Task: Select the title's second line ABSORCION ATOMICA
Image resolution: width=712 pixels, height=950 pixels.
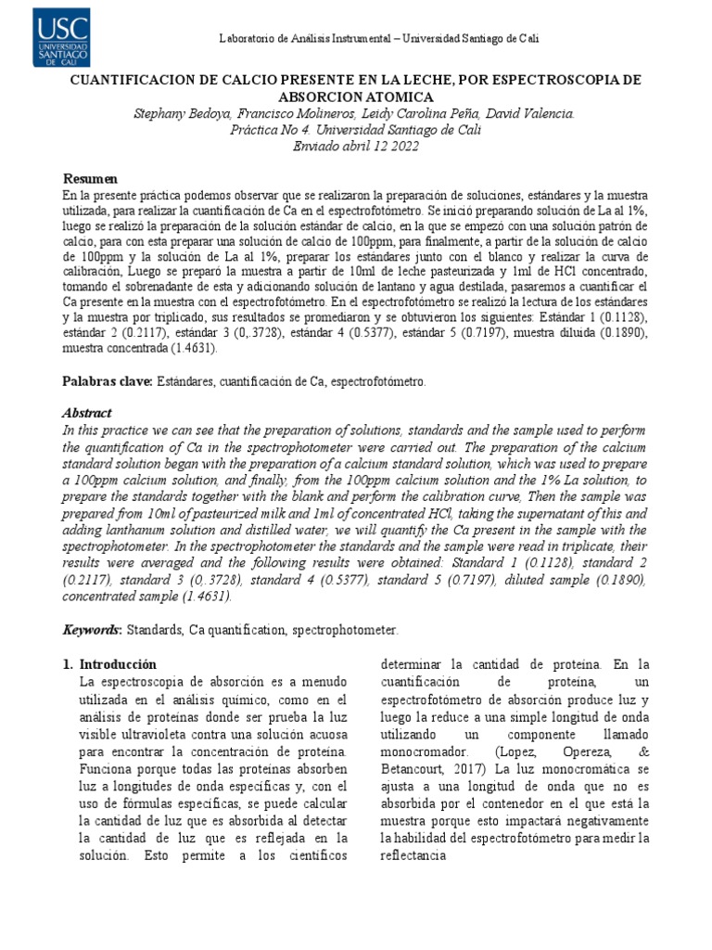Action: click(x=356, y=96)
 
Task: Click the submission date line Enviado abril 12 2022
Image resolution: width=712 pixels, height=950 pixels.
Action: click(x=356, y=146)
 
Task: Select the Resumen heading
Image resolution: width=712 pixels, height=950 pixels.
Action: click(x=91, y=178)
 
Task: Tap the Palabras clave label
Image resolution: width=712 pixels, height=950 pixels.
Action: click(x=107, y=381)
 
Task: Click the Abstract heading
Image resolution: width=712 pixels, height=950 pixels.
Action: click(x=87, y=414)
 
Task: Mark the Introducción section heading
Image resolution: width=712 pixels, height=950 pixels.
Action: click(x=118, y=664)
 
